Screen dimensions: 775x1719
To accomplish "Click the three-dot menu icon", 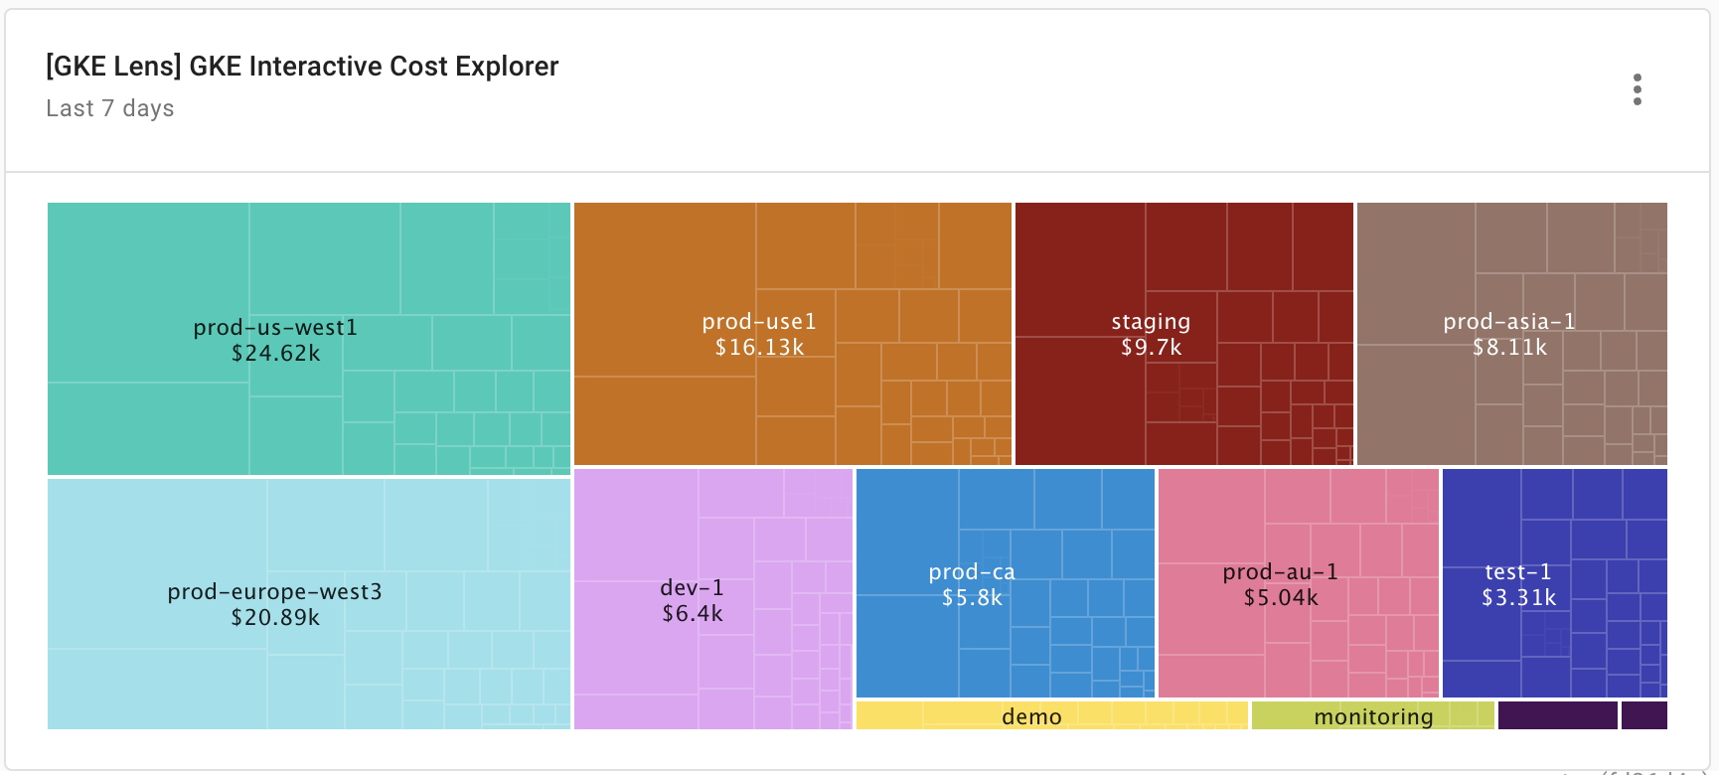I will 1637,89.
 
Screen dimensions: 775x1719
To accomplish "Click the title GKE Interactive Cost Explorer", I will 302,67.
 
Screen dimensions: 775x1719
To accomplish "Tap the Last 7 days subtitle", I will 110,108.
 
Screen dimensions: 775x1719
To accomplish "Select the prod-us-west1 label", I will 275,327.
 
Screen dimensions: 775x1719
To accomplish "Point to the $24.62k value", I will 275,354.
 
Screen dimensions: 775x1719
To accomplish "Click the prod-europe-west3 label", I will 274,591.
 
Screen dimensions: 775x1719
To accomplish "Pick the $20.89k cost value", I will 275,618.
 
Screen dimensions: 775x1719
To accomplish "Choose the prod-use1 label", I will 759,321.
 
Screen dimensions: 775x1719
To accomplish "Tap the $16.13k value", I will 759,348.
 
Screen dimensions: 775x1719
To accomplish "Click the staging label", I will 1151,321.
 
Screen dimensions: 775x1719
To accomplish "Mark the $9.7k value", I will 1151,348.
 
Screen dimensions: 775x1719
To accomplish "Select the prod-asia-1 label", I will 1509,321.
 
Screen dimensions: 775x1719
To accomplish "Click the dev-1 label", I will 692,587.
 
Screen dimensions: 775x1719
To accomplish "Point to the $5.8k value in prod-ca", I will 972,598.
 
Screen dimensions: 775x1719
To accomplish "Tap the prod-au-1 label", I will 1280,571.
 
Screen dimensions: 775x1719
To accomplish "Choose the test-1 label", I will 1517,571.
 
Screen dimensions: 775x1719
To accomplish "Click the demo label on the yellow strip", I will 1031,716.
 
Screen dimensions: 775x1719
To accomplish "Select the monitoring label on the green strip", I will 1373,716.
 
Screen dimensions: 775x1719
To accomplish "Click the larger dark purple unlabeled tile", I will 1557,715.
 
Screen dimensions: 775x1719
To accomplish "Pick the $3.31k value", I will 1518,598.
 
